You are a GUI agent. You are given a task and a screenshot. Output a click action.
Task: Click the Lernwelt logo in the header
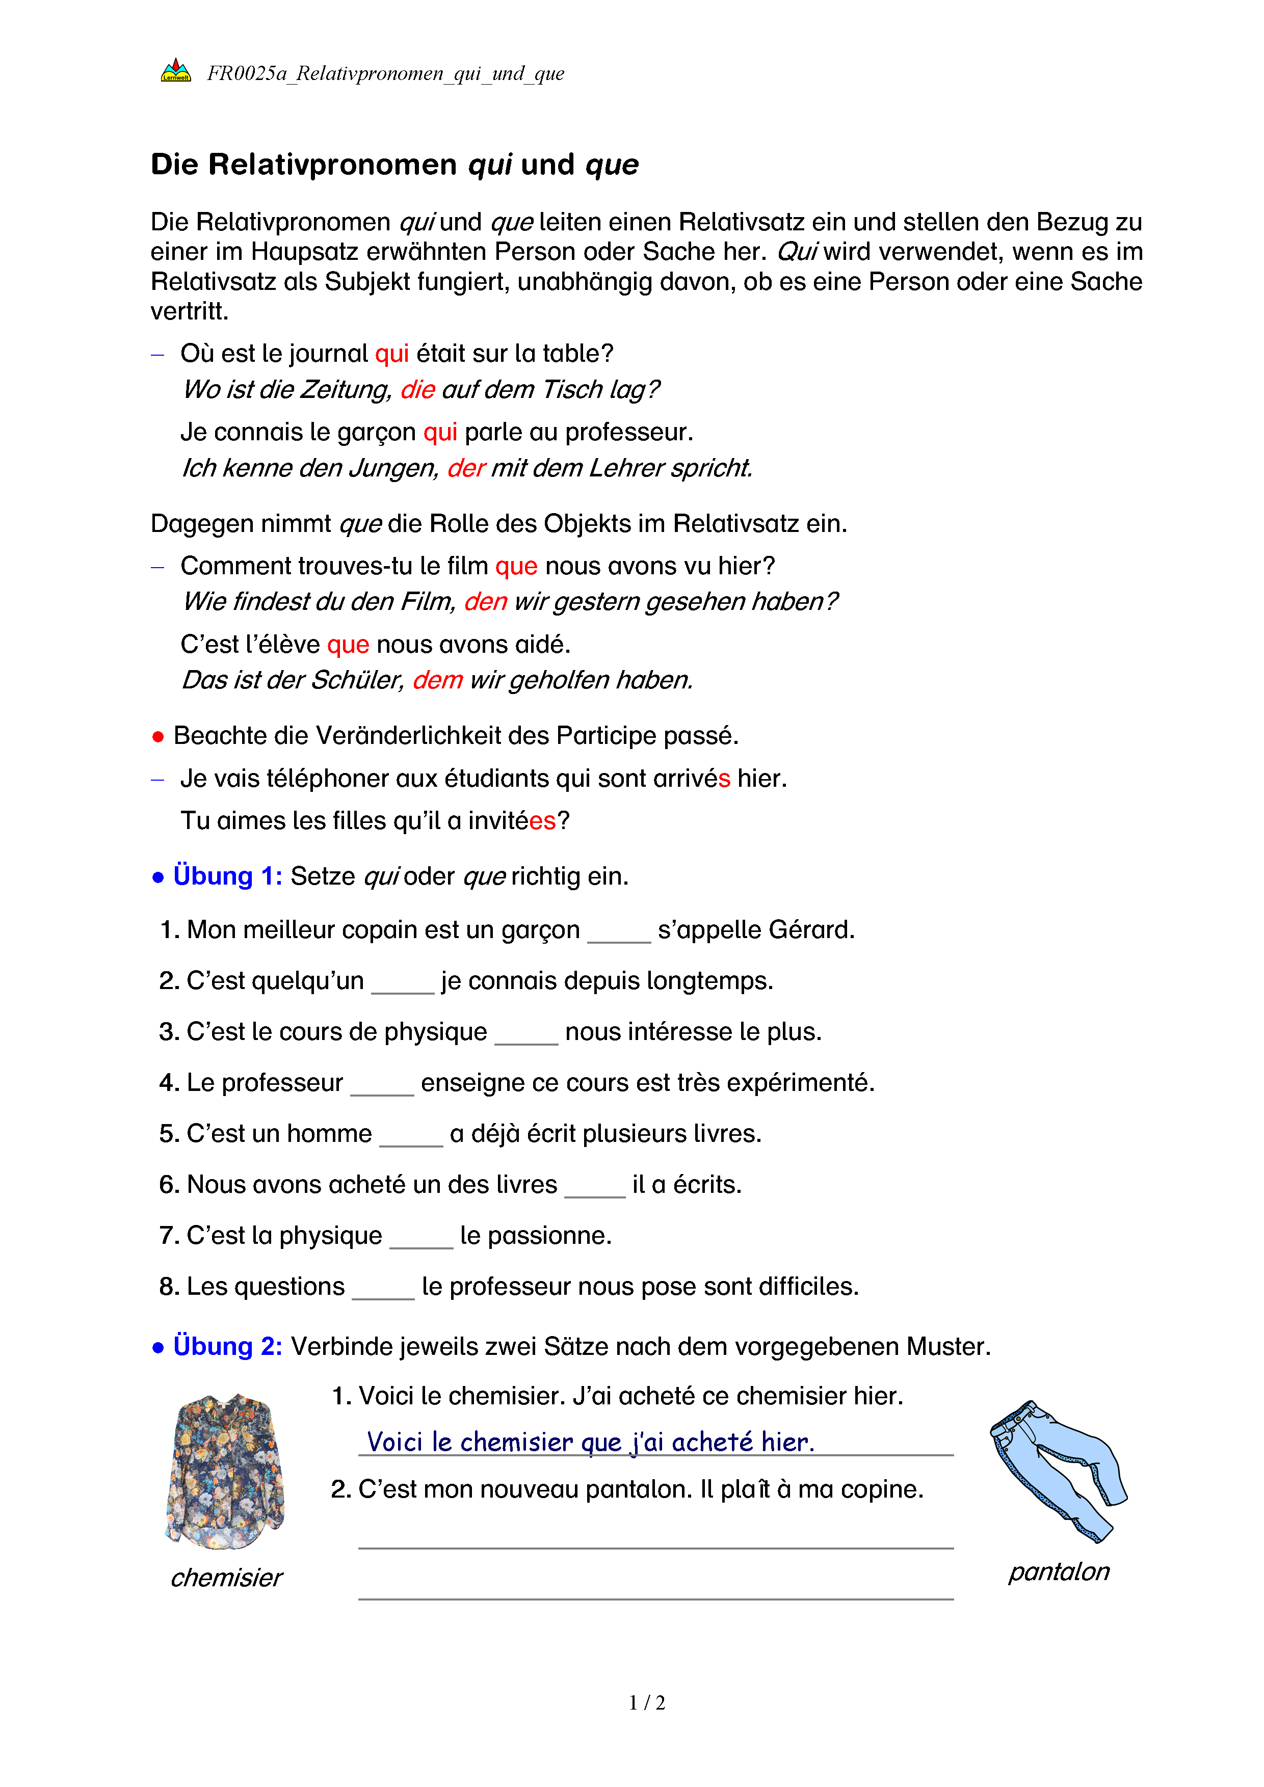point(176,71)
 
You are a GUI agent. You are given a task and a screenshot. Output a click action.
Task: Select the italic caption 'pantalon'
point(1059,1571)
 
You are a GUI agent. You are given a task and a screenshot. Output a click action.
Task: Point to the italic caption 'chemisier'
point(226,1578)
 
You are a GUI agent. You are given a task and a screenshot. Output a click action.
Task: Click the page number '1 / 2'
point(647,1703)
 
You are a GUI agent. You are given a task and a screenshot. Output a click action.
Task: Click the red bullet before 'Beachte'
point(158,736)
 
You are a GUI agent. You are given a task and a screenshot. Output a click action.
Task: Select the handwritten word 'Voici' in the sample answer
point(394,1442)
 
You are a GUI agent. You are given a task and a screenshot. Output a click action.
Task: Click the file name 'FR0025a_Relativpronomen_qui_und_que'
point(385,74)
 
